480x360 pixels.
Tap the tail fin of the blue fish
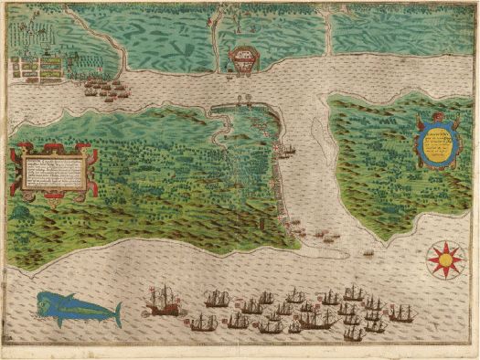116,314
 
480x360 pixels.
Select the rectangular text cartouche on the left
51,173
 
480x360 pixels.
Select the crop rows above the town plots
37,37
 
